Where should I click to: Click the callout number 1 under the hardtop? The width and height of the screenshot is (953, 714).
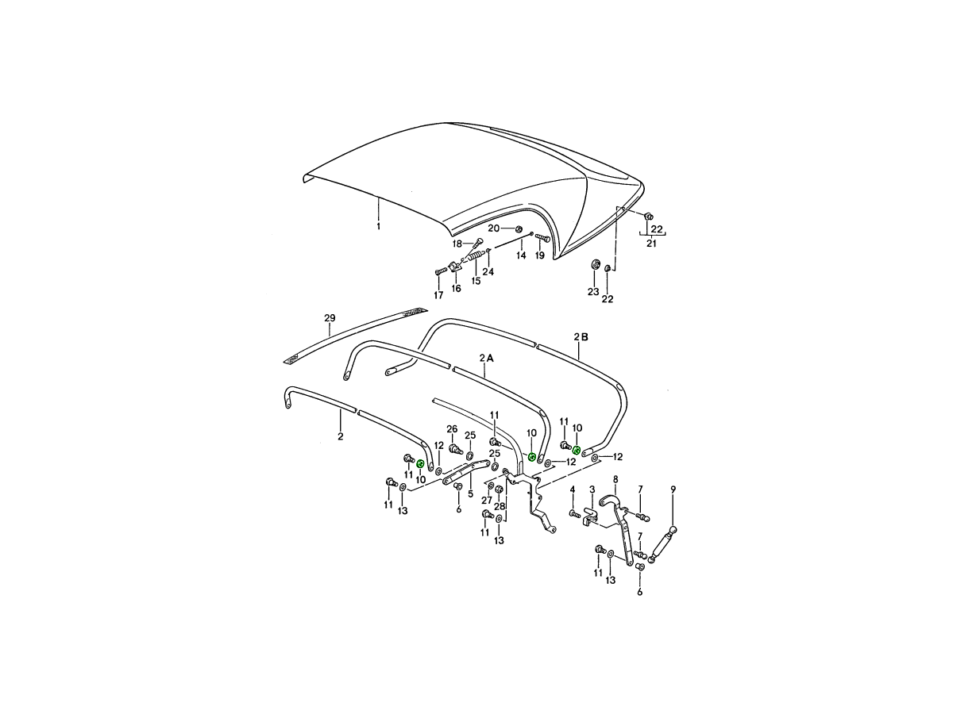(x=378, y=226)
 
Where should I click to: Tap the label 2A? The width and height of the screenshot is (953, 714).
(x=486, y=358)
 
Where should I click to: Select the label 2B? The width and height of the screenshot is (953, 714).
(x=581, y=337)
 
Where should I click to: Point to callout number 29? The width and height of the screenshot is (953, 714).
(x=330, y=318)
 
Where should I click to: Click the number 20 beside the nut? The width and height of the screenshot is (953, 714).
(x=494, y=228)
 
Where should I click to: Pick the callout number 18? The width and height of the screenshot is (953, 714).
(x=457, y=244)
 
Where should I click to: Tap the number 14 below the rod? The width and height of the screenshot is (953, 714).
(x=521, y=255)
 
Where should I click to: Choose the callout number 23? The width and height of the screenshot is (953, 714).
(x=593, y=292)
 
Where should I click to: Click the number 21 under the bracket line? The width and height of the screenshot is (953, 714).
(x=651, y=244)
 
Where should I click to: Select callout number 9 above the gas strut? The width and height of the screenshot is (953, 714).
(x=673, y=489)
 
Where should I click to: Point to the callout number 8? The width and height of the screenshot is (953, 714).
(x=615, y=479)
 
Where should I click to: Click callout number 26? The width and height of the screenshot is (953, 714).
(x=452, y=428)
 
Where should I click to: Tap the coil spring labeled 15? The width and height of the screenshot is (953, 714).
(x=476, y=259)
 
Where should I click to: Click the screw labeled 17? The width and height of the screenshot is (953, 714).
(x=441, y=271)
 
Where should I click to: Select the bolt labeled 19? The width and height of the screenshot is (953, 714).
(x=542, y=237)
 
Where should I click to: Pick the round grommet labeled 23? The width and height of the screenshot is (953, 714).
(x=594, y=264)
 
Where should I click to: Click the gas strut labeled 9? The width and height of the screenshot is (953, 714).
(x=662, y=545)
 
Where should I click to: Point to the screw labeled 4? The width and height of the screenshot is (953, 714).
(x=574, y=514)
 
